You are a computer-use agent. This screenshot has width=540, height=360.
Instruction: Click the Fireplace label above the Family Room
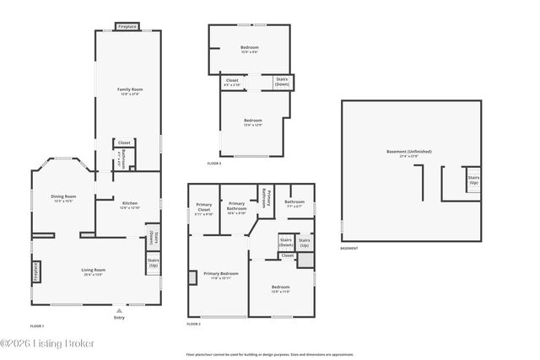tap(127, 26)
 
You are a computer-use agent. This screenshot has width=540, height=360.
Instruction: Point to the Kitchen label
tap(129, 203)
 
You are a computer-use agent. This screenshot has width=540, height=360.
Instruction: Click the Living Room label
tap(93, 270)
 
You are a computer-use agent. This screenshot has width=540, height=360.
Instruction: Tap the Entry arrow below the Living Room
tap(118, 311)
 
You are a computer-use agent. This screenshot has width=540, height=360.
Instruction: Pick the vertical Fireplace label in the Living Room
tap(37, 271)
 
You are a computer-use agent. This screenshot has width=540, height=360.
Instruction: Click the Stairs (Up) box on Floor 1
tap(154, 263)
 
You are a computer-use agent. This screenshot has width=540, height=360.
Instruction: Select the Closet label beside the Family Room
tap(124, 142)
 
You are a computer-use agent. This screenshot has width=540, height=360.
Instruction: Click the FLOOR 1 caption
tap(37, 325)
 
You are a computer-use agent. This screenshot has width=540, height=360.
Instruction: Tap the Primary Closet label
tap(204, 208)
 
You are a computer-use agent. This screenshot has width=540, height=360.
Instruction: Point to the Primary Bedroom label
tap(220, 274)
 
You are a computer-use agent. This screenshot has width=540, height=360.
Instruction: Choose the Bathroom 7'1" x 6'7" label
tap(294, 202)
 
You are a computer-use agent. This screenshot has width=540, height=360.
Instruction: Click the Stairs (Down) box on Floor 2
tap(285, 242)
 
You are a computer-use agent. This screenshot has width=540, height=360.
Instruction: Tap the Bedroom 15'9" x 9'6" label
tap(250, 48)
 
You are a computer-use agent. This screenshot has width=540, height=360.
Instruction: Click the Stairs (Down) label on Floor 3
tap(282, 82)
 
